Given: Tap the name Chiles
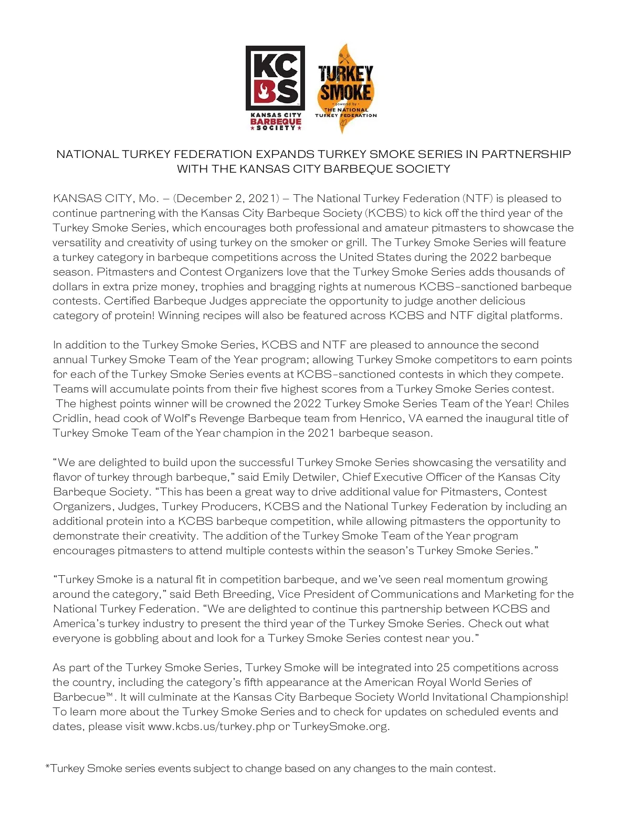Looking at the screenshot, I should click(552, 404).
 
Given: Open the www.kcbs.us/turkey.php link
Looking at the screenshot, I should click(211, 726).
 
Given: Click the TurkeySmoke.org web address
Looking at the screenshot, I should click(340, 726).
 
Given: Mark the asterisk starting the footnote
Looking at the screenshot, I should click(48, 767).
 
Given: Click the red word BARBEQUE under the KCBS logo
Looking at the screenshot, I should click(275, 122).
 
